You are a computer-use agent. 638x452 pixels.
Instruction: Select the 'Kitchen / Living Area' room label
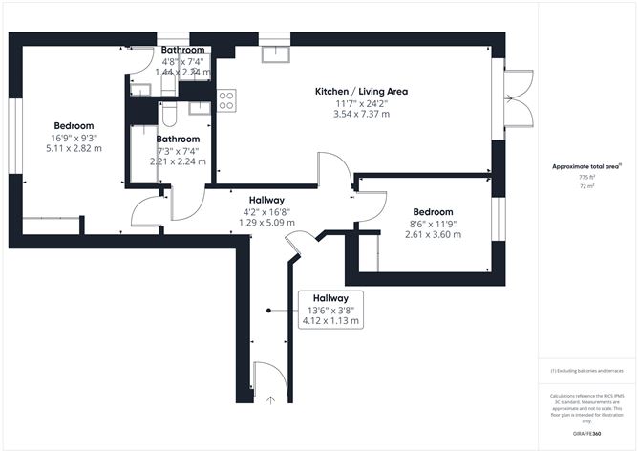362,91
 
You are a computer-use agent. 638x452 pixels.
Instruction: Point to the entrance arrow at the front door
271,399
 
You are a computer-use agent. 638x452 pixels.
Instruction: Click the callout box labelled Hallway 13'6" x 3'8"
330,311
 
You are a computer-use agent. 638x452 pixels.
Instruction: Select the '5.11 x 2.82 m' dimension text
74,148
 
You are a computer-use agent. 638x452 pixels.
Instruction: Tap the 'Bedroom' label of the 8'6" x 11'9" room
433,211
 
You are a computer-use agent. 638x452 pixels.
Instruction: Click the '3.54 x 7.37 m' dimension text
362,114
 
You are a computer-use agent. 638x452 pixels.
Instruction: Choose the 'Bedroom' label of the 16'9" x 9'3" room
74,126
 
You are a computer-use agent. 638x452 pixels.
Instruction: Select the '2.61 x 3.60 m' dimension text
433,234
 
